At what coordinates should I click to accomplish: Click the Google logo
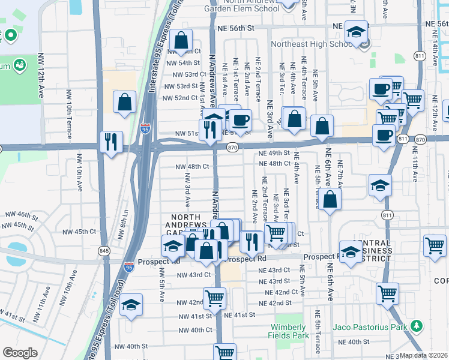point(20,353)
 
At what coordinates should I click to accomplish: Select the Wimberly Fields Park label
point(289,331)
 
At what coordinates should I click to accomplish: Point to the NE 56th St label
point(237,28)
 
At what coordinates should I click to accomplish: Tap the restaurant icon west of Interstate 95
point(111,142)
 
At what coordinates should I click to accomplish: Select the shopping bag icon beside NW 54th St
point(181,41)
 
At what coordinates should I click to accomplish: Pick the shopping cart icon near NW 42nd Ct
point(214,297)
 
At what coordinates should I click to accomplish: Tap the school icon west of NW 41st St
point(131,305)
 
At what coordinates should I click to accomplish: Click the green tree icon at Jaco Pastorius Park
point(416,326)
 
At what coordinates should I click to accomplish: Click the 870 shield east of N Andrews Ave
point(233,148)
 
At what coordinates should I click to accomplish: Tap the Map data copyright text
point(424,355)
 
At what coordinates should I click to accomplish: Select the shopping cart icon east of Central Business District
point(435,245)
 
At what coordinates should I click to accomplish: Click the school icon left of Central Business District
point(351,251)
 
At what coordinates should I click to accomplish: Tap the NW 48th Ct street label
point(192,167)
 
